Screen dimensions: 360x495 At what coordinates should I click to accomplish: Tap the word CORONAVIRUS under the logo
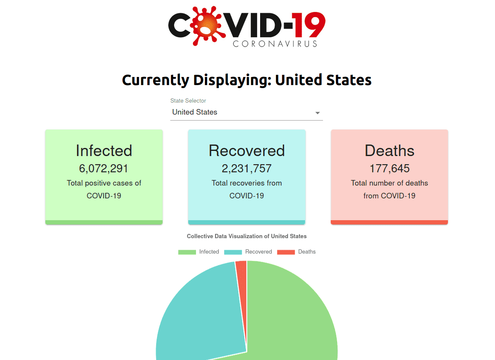point(275,44)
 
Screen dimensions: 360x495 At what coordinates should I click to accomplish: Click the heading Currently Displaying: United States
point(247,80)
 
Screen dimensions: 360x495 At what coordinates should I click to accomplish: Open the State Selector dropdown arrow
point(317,113)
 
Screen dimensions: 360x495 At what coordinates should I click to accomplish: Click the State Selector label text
point(188,101)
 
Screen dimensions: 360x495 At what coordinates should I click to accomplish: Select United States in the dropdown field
point(195,112)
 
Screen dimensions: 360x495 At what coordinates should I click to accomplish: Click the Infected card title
point(104,150)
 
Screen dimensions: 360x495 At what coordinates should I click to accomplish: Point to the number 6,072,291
point(104,168)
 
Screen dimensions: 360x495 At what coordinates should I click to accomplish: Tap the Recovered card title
point(247,150)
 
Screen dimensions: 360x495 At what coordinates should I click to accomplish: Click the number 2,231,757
point(247,168)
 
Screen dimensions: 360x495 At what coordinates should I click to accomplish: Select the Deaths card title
point(390,150)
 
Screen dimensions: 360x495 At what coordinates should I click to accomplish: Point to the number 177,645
point(390,168)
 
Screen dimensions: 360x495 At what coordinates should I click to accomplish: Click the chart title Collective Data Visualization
point(247,236)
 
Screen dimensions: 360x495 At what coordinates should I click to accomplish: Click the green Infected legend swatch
point(187,252)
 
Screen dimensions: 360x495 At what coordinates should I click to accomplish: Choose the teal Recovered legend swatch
point(233,252)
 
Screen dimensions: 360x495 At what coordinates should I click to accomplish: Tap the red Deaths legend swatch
point(286,252)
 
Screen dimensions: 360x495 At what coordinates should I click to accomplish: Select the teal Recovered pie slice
point(201,316)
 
